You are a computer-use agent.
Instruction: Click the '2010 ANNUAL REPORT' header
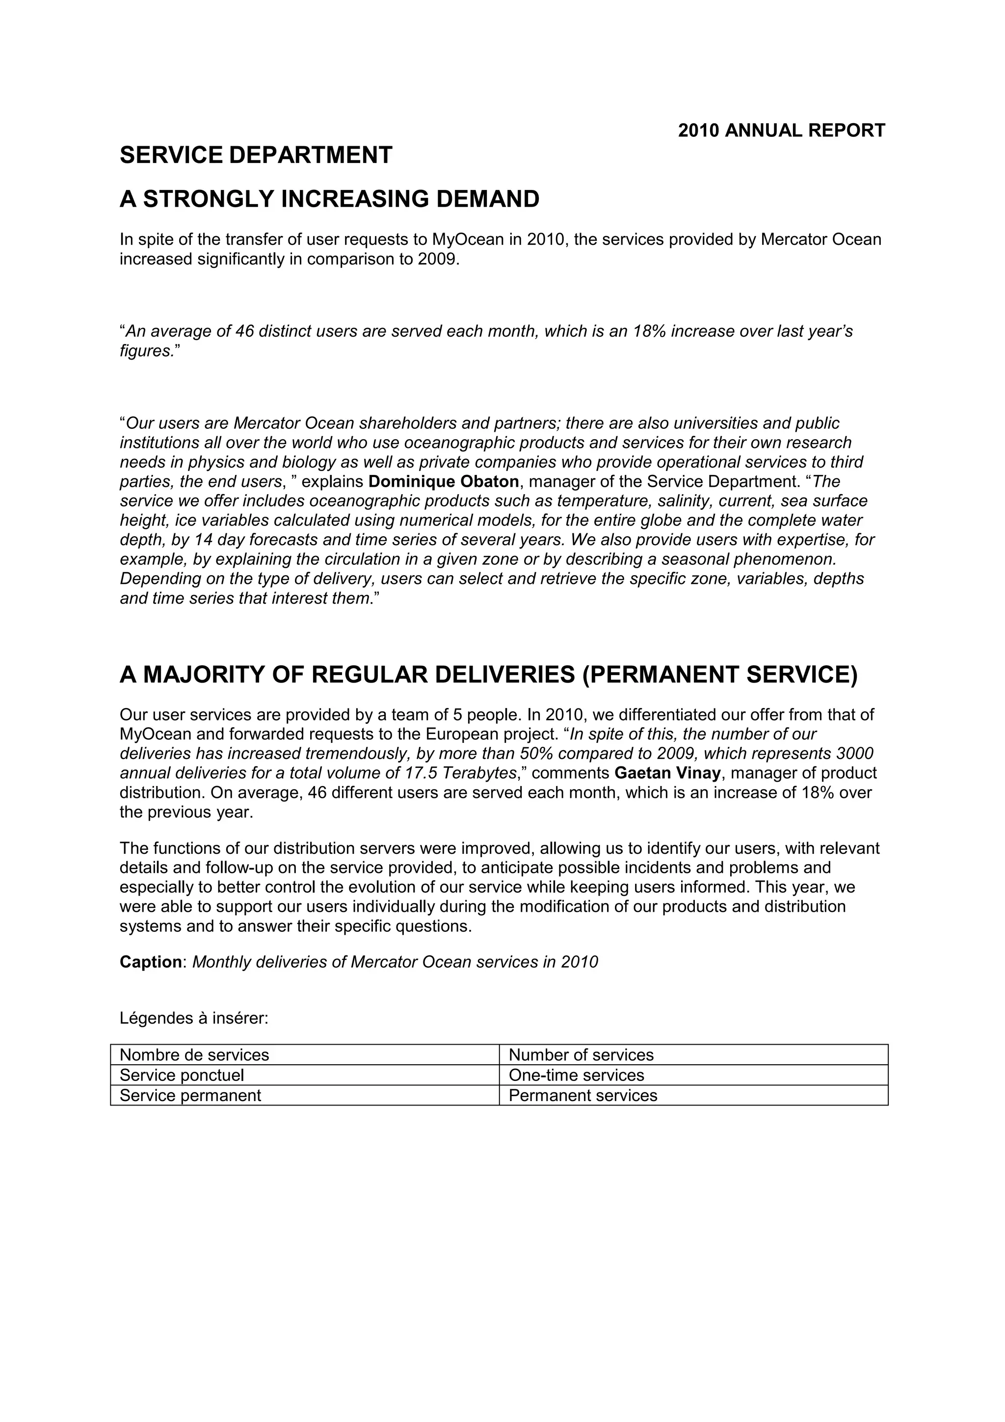(781, 131)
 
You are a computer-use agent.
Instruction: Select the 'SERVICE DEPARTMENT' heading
(256, 155)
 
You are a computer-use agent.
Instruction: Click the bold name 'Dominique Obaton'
(443, 481)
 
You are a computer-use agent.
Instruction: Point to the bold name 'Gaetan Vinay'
(667, 773)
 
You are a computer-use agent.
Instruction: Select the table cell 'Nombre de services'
(194, 1055)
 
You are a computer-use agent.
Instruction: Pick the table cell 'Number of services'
(581, 1055)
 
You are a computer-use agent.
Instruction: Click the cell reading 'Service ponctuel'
(182, 1075)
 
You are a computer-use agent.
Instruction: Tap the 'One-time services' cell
(576, 1075)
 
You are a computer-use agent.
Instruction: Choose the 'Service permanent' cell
(190, 1095)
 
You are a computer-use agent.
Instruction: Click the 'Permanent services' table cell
(582, 1095)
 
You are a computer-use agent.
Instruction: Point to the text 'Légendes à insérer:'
(194, 1018)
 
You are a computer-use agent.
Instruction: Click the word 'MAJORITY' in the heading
(204, 675)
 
